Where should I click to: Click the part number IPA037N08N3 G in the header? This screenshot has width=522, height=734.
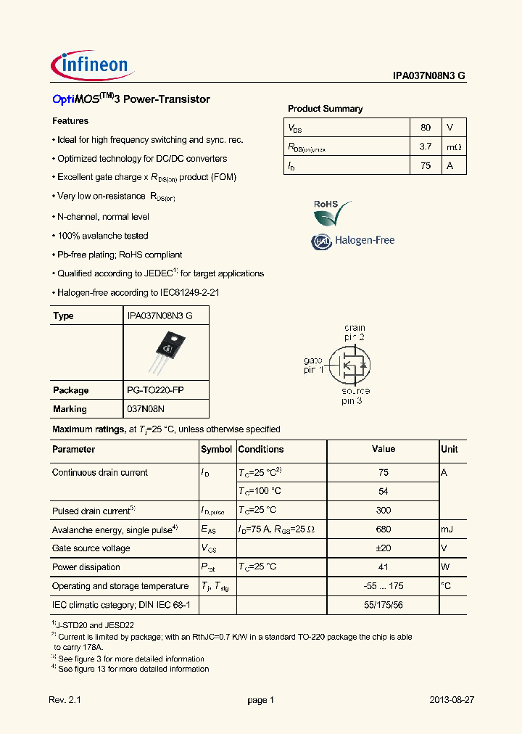point(434,75)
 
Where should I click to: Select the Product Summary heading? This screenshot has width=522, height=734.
point(325,109)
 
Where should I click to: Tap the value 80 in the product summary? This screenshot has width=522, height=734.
point(426,128)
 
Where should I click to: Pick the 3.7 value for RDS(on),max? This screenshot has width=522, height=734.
point(426,147)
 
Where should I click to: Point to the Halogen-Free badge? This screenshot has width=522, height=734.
point(353,241)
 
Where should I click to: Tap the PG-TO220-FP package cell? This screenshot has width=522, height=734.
point(155,390)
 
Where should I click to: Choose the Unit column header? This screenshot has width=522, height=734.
point(449,450)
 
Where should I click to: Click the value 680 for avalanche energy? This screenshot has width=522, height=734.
point(384,529)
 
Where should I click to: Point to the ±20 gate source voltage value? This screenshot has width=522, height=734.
point(384,548)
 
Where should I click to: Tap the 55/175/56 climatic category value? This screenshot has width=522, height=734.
point(384,605)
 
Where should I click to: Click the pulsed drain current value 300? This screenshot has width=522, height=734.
point(384,511)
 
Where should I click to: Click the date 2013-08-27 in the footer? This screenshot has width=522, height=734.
point(451,700)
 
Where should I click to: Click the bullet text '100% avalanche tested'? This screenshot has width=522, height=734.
point(102,236)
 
